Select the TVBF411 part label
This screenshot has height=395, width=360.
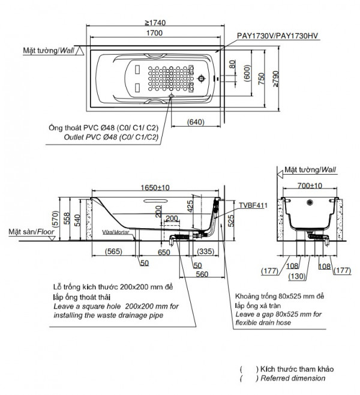tap(253, 205)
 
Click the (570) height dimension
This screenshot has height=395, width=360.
tap(55, 220)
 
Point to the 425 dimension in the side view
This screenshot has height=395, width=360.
tap(191, 207)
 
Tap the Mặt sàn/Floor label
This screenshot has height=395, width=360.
tap(29, 231)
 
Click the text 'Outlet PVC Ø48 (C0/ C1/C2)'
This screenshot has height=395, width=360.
tap(111, 137)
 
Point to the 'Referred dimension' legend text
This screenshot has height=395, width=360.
tap(292, 378)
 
